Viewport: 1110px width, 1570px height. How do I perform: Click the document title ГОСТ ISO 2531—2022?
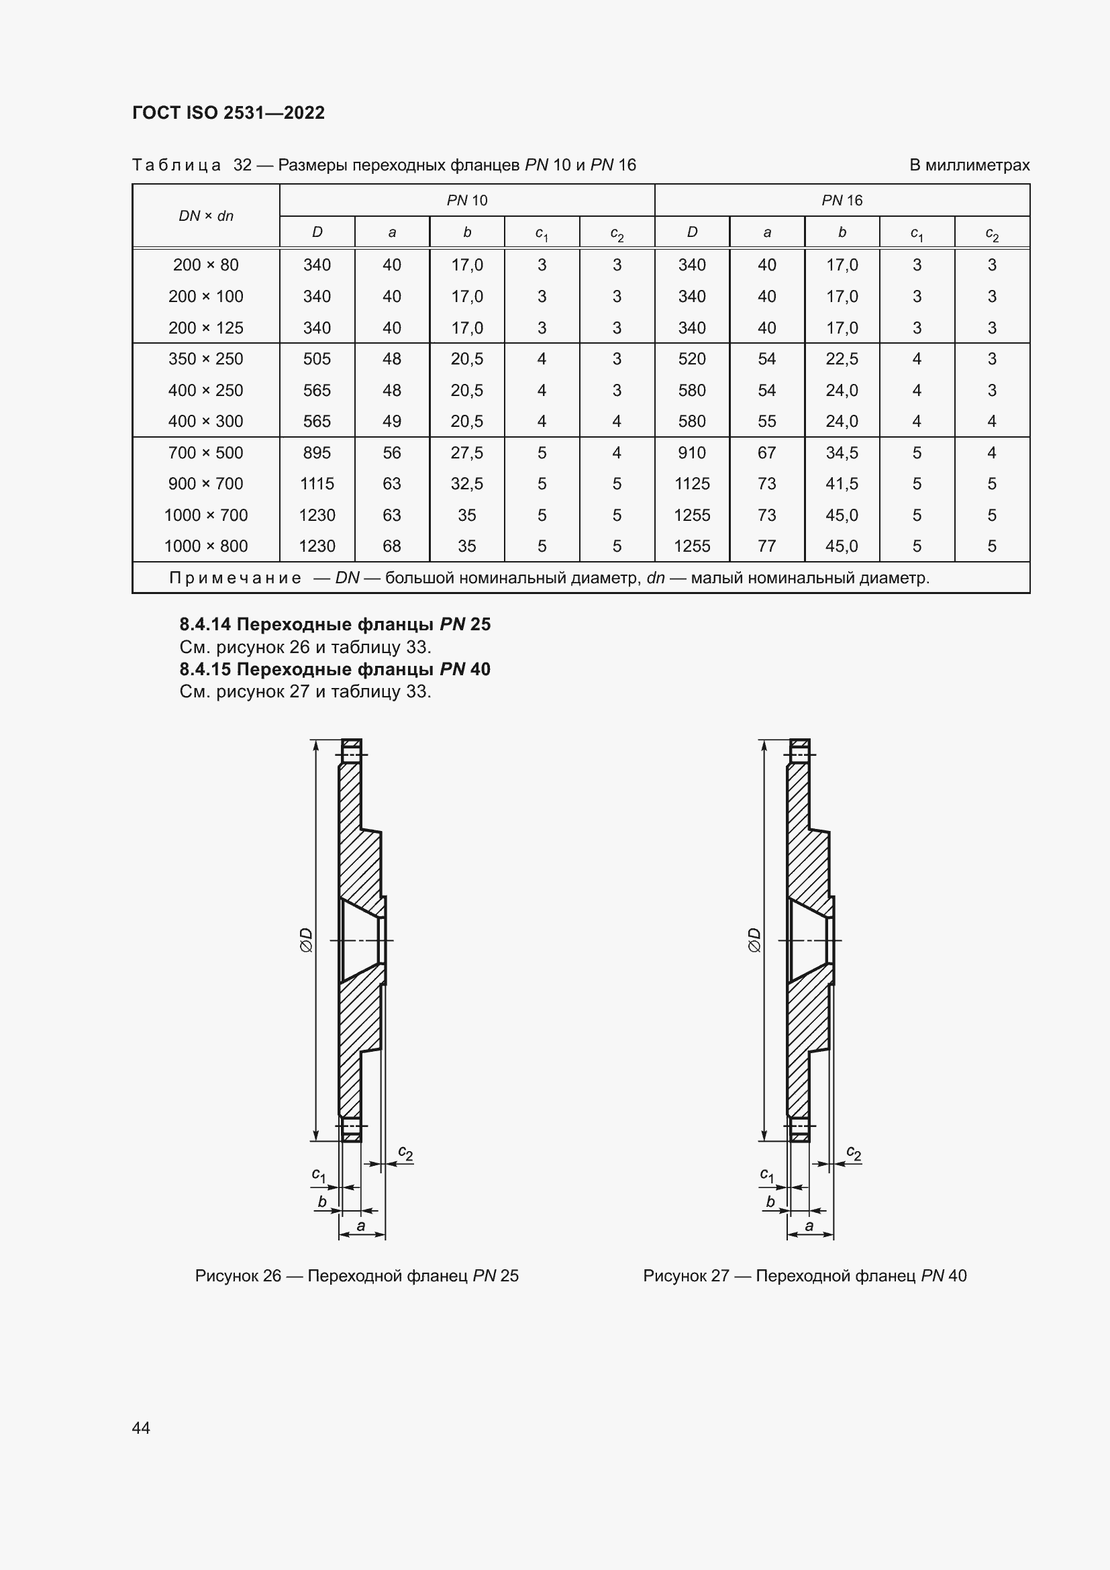coord(228,113)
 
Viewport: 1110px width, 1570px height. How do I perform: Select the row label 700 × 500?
coord(206,452)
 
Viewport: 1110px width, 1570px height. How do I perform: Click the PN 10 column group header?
coord(467,200)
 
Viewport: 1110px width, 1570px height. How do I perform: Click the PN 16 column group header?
coord(842,200)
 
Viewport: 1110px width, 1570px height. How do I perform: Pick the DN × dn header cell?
coord(206,216)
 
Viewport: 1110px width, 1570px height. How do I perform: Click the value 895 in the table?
coord(317,452)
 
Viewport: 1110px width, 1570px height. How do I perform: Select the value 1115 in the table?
coord(317,484)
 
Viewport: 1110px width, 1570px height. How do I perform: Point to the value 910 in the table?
coord(692,452)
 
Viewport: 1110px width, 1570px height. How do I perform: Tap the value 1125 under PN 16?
coord(692,484)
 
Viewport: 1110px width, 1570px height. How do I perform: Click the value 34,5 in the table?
coord(842,452)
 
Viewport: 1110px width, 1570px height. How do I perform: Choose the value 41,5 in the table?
coord(842,484)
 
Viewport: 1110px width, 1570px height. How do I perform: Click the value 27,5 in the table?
coord(467,452)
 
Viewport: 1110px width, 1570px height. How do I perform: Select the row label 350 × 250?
coord(206,359)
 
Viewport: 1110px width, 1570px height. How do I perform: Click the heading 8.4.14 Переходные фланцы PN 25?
coord(335,624)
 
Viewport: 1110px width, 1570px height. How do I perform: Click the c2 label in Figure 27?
coord(854,1153)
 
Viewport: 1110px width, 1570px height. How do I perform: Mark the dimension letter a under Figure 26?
coord(361,1226)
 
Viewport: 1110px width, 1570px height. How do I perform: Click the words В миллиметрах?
coord(968,166)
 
